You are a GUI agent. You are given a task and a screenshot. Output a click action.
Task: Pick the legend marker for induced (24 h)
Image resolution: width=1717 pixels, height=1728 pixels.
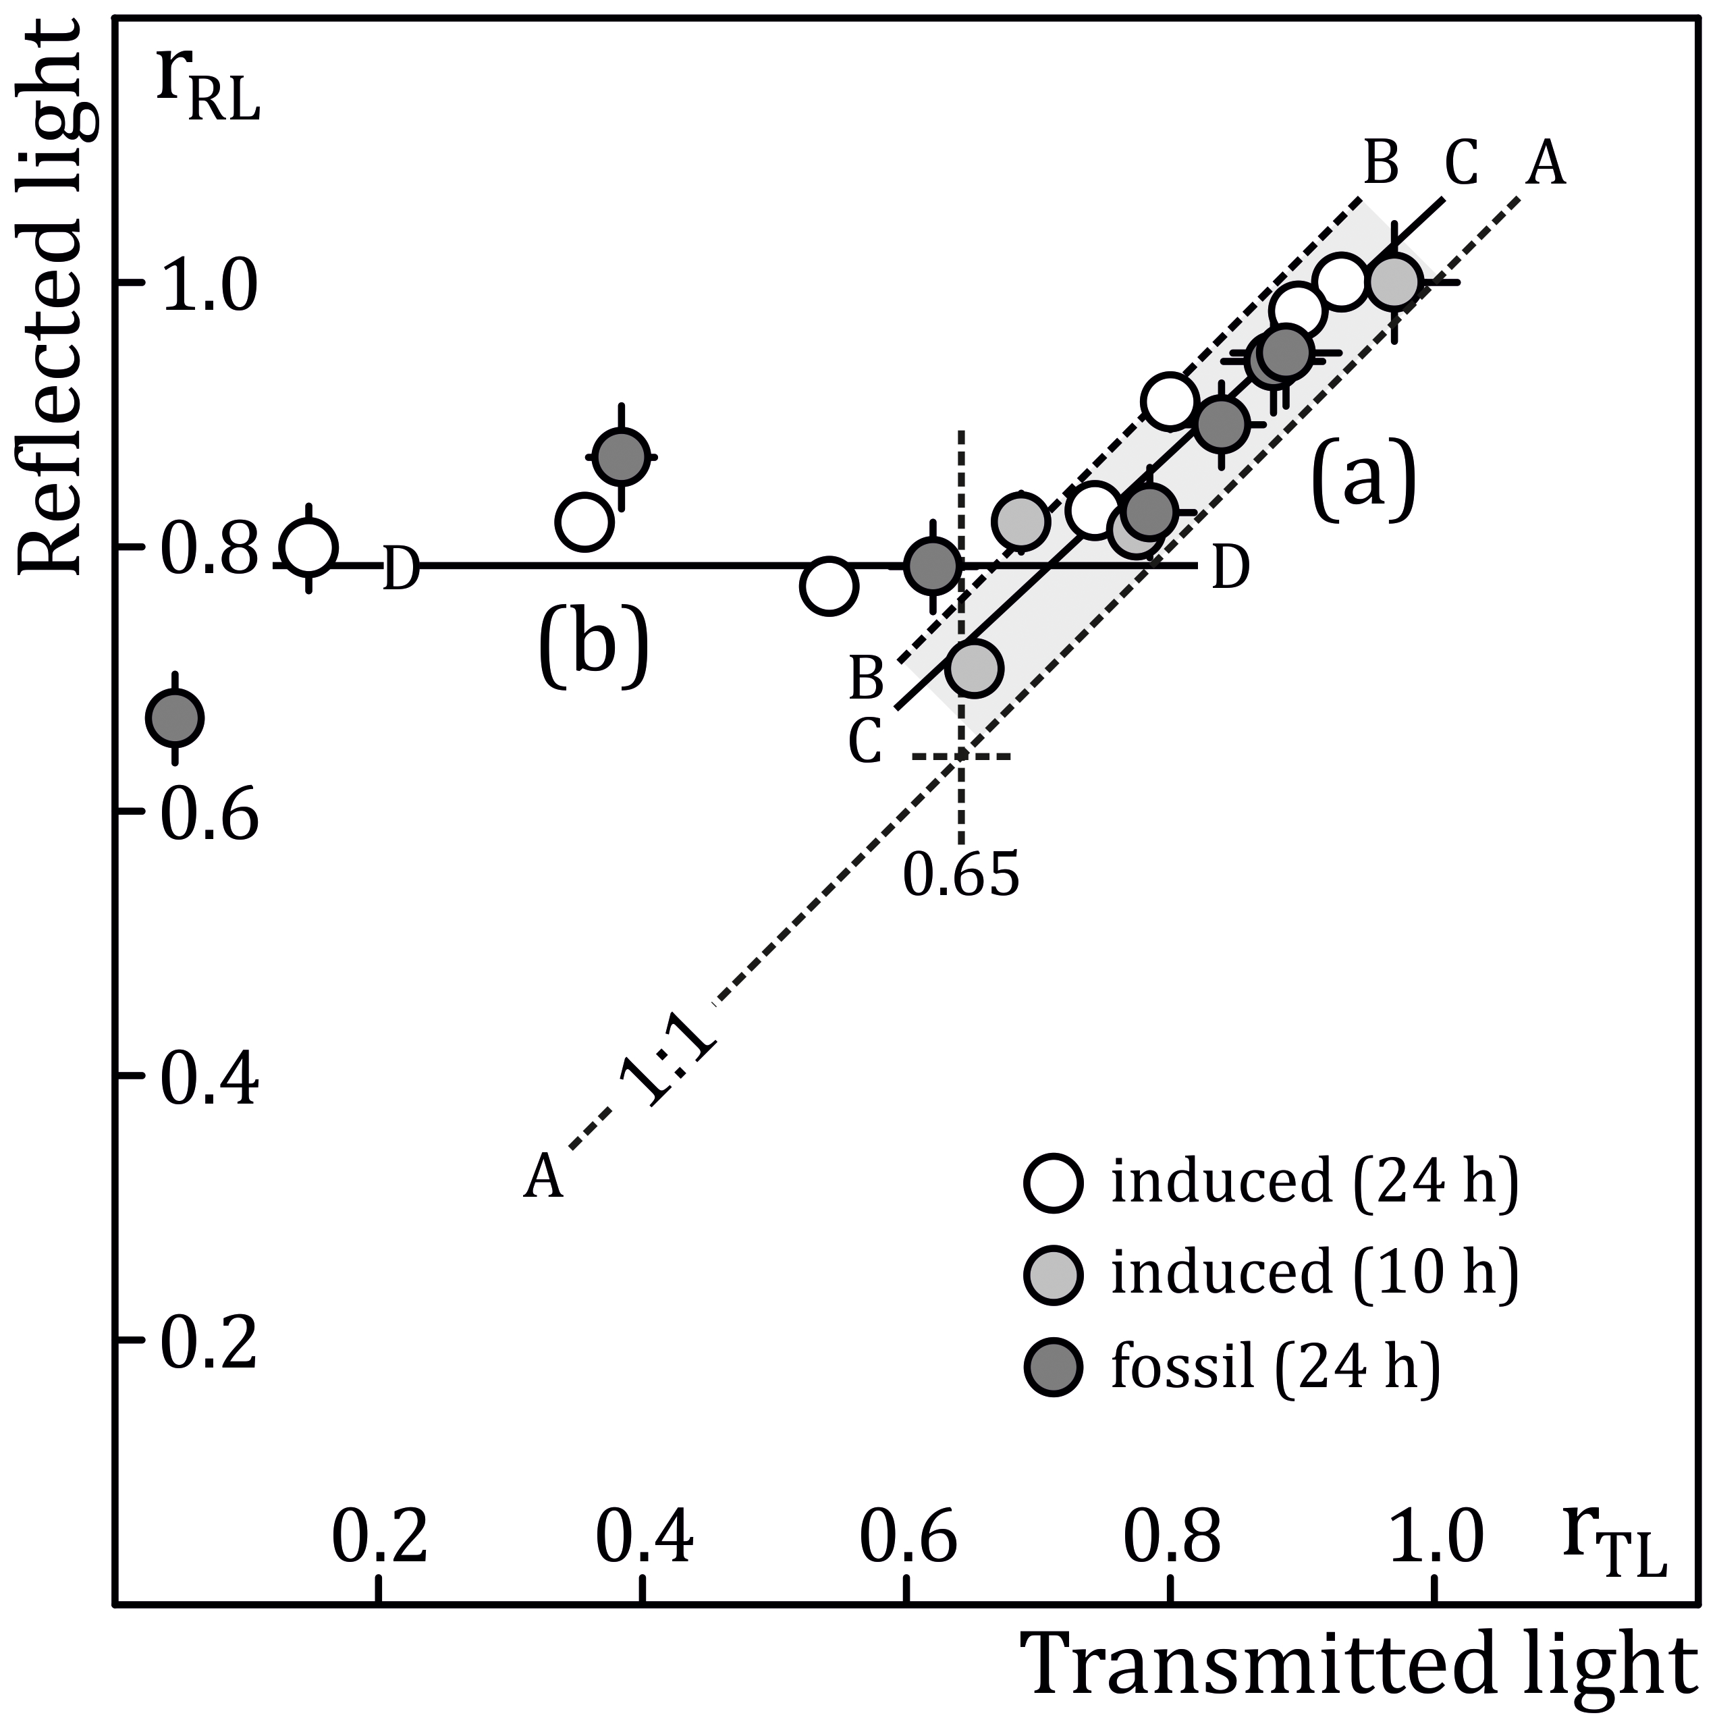tap(1054, 1183)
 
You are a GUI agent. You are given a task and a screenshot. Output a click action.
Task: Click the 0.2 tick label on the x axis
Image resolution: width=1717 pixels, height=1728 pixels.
tap(381, 1538)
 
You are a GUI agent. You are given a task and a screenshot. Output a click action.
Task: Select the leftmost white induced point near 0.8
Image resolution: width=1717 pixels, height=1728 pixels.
tap(308, 547)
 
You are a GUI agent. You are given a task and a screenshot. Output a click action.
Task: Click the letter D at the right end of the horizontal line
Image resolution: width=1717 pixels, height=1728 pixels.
tap(1230, 567)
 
